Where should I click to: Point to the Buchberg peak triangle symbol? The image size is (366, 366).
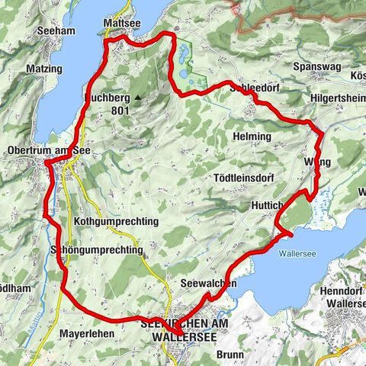tap(138, 98)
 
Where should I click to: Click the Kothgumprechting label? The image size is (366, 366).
tap(117, 221)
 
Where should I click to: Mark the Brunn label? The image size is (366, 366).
tap(230, 355)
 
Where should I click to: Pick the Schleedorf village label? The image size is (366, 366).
tap(254, 88)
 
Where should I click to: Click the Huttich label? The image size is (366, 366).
tap(267, 206)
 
